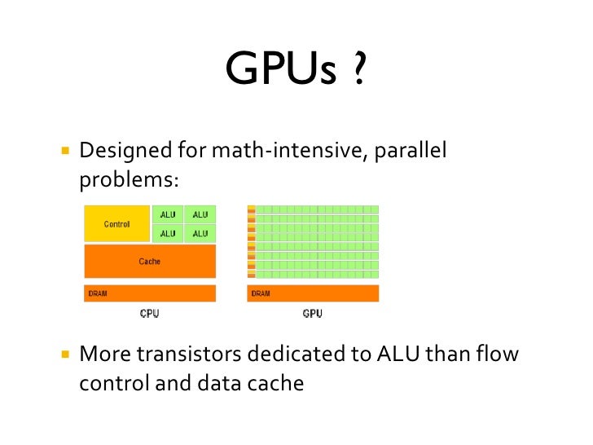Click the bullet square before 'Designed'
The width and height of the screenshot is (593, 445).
[64, 152]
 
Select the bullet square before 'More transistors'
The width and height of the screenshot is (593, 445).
[64, 355]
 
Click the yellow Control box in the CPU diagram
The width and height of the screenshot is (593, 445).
[117, 224]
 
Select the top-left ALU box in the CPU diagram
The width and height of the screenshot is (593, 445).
[167, 215]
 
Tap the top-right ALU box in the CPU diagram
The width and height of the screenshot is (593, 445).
[200, 215]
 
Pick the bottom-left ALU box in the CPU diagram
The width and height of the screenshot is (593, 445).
[167, 234]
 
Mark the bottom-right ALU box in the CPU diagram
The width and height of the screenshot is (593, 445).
[200, 234]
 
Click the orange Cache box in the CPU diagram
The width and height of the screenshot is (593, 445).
[150, 262]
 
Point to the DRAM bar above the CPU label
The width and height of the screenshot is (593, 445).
[150, 293]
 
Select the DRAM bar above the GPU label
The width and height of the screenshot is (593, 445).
[313, 293]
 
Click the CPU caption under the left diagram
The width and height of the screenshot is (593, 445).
[149, 314]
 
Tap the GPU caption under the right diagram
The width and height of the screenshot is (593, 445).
[313, 314]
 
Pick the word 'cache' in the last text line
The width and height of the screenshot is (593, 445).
[277, 382]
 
